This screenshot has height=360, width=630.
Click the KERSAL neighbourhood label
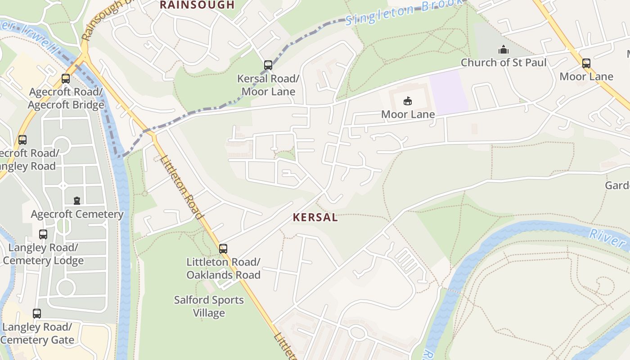tap(315, 218)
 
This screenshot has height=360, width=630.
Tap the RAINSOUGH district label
tap(197, 5)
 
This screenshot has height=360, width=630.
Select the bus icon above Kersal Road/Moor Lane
tap(268, 65)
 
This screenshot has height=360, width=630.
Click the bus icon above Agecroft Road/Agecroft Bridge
tap(66, 79)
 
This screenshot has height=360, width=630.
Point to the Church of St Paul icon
tap(503, 49)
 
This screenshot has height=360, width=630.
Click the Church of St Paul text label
tap(503, 63)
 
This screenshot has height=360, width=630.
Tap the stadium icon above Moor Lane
tap(408, 101)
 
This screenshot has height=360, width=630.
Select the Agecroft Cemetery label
tap(77, 214)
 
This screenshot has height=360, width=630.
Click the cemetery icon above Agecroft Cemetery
tap(77, 200)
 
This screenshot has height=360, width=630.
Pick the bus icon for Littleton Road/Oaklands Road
tap(223, 248)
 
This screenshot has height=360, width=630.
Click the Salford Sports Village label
tap(209, 306)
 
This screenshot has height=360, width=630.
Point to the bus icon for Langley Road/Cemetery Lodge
tap(43, 234)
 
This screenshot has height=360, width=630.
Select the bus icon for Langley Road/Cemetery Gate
tap(37, 313)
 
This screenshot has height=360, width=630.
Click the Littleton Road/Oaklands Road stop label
tap(223, 268)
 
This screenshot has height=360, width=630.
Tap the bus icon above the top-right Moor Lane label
tap(586, 63)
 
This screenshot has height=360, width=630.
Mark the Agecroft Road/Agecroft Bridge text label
tap(66, 99)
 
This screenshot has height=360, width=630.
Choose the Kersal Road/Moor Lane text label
tap(268, 85)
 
